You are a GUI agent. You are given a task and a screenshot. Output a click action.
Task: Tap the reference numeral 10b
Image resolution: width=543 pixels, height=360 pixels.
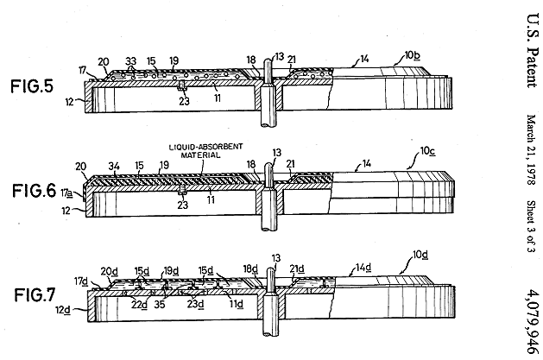tap(413, 56)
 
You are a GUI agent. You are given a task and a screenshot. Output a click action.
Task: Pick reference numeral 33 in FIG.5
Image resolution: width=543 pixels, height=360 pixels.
tap(131, 61)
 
